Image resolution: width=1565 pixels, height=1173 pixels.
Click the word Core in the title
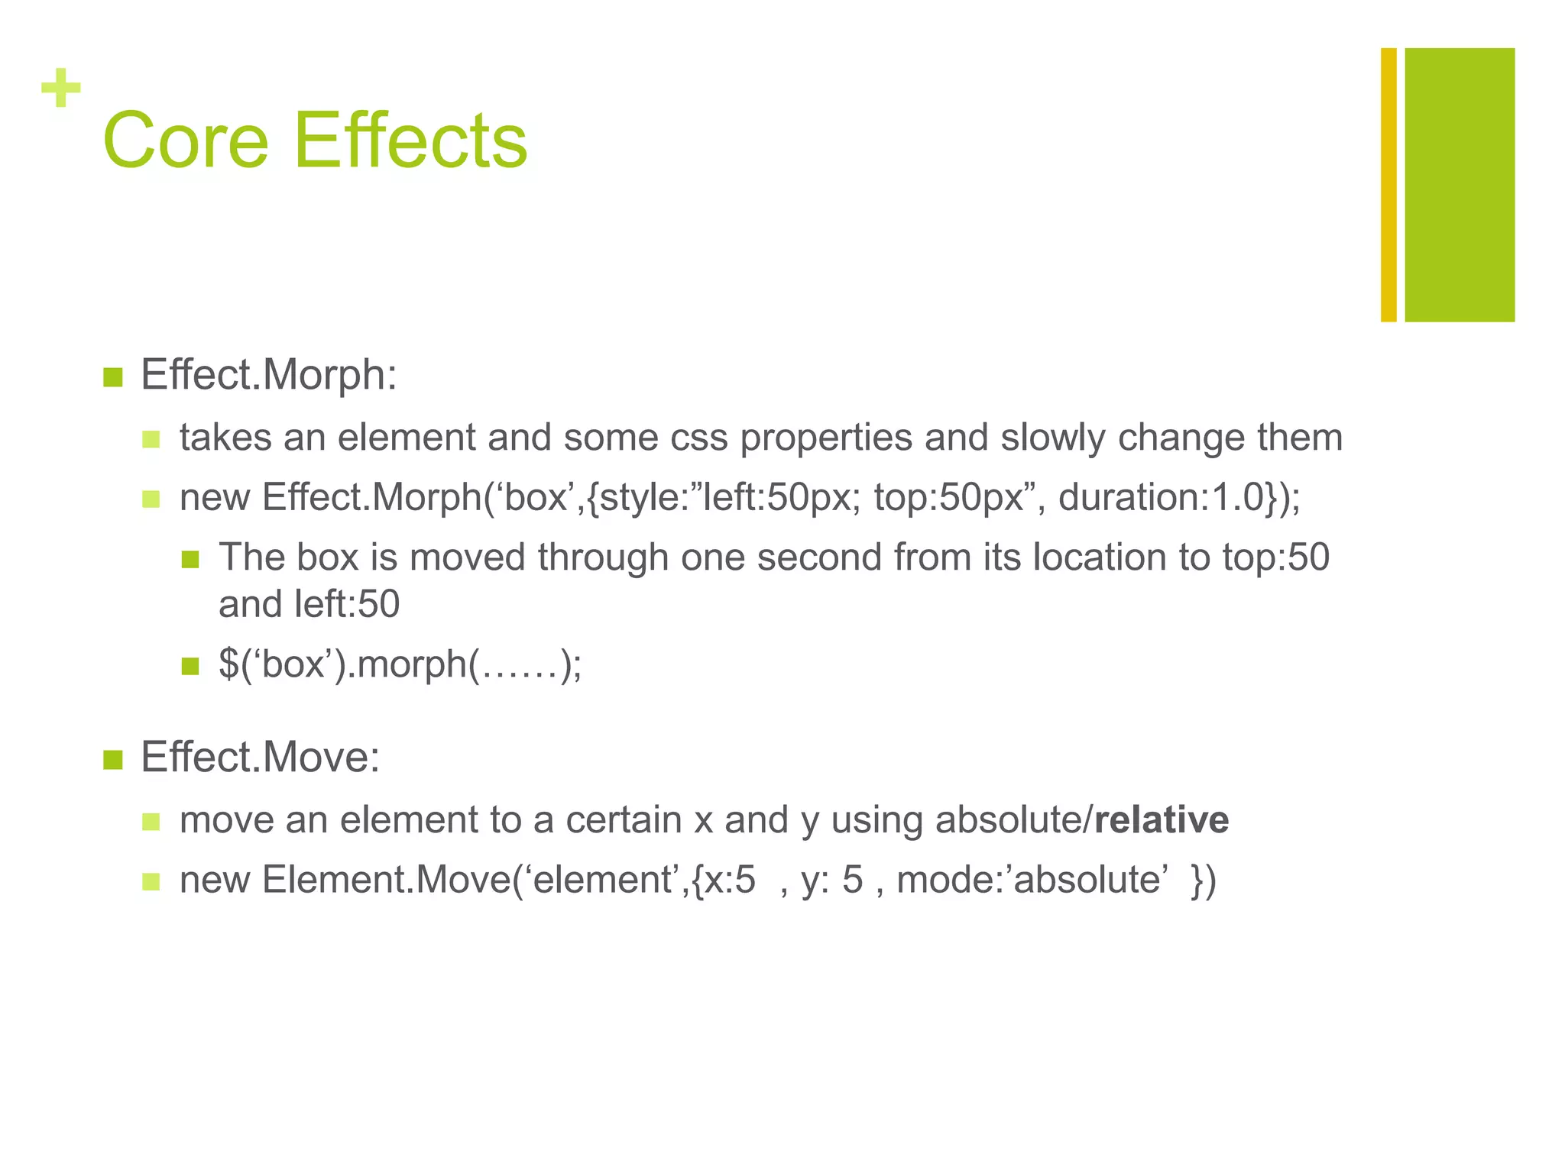[x=186, y=141]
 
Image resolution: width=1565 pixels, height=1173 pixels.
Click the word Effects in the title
[x=410, y=141]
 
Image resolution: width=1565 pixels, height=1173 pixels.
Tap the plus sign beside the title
[x=61, y=89]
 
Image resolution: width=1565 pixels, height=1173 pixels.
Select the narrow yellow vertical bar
[x=1388, y=185]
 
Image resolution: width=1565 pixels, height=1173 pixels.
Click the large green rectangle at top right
[x=1460, y=185]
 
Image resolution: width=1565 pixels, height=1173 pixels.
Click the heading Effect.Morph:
[x=269, y=375]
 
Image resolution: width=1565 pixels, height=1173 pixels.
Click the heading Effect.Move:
[x=260, y=758]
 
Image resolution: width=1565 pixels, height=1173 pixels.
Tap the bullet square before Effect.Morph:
[x=112, y=377]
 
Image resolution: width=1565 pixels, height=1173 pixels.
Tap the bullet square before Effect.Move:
[x=112, y=760]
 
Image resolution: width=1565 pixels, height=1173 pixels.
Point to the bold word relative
[x=1162, y=820]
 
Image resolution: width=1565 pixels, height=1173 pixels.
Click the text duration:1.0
[x=1162, y=498]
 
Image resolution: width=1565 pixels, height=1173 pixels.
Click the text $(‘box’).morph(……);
[x=400, y=664]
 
